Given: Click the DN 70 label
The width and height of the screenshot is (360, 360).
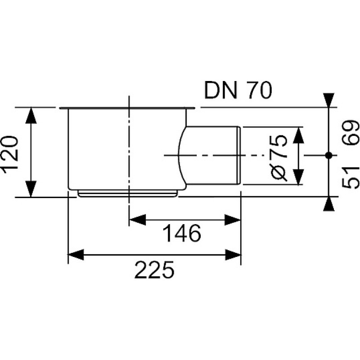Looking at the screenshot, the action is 238,90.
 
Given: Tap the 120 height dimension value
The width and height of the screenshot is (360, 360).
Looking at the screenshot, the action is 10,152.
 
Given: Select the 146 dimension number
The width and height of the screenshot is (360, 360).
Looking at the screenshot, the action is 182,233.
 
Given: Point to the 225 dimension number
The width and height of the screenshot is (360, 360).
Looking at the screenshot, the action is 154,270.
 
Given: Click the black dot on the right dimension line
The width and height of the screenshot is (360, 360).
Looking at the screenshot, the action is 329,155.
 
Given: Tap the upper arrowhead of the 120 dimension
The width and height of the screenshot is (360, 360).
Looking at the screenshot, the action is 31,116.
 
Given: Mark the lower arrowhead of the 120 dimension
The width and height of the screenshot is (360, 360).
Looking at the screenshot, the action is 31,189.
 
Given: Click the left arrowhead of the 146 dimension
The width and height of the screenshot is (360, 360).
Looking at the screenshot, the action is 138,220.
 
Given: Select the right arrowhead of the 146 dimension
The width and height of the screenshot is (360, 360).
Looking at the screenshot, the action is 232,220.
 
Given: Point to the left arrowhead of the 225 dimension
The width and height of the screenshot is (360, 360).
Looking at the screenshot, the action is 76,255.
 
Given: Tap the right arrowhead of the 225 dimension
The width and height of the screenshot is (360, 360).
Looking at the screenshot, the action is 233,255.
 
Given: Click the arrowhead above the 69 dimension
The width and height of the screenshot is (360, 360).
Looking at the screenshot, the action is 329,100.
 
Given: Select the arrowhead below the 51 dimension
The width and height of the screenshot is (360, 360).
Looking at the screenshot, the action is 329,204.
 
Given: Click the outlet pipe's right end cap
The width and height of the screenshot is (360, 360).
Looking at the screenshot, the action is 239,155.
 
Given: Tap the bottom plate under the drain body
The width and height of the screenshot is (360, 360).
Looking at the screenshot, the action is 128,193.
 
